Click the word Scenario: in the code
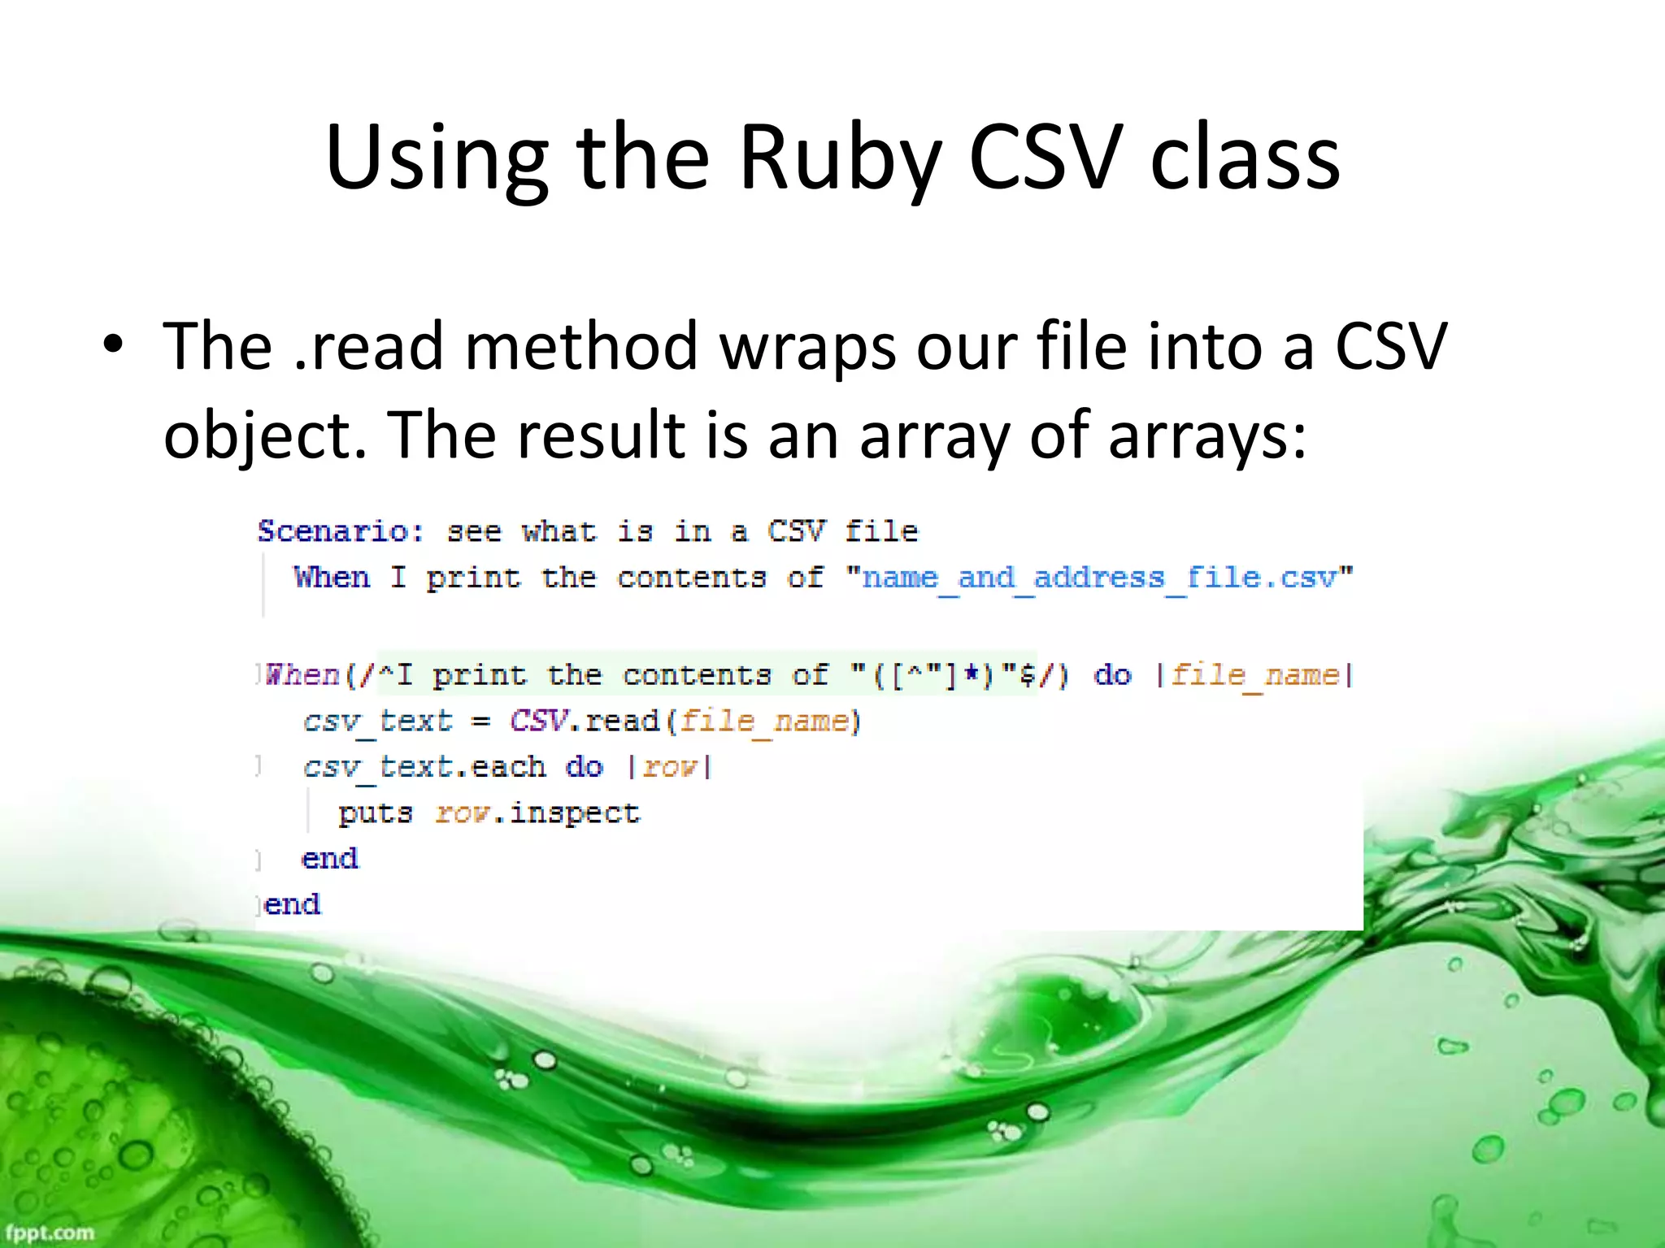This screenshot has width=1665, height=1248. (341, 531)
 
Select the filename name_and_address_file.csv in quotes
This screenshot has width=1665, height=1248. (1099, 578)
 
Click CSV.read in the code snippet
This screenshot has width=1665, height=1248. (584, 721)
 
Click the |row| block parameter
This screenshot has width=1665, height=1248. (670, 767)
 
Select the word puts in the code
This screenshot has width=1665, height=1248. (376, 813)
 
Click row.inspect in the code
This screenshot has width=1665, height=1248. (537, 813)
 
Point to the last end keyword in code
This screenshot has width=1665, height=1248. (293, 904)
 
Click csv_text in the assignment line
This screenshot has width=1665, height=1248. (377, 721)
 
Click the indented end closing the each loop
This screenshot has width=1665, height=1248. (329, 859)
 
